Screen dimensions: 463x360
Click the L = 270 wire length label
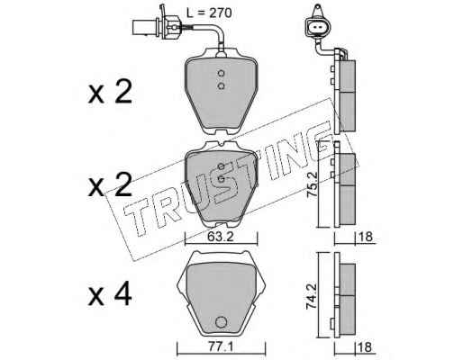pyautogui.click(x=209, y=13)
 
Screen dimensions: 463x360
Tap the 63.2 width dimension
pyautogui.click(x=220, y=238)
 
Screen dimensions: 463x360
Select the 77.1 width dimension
pyautogui.click(x=220, y=348)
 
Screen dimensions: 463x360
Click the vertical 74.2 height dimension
pyautogui.click(x=312, y=297)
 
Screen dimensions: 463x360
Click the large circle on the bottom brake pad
pyautogui.click(x=221, y=322)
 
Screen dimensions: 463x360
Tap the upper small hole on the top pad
pyautogui.click(x=221, y=73)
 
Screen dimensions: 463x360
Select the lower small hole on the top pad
pyautogui.click(x=221, y=86)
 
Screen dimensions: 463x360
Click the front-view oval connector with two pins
pyautogui.click(x=317, y=28)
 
